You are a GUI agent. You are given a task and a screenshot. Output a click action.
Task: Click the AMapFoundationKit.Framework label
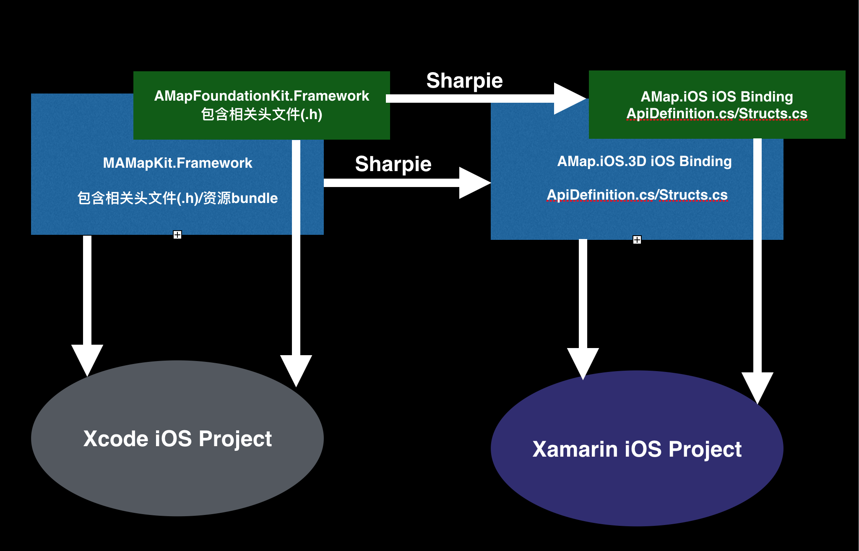point(262,96)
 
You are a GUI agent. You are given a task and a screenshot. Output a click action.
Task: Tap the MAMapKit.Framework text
point(177,163)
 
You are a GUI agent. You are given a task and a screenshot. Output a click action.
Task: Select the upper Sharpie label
point(464,81)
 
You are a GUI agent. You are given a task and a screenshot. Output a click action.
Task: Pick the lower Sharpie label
point(393,164)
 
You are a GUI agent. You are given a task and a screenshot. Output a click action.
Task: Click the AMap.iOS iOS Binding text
point(717,97)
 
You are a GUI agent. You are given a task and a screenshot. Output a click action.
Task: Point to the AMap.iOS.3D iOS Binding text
point(644,161)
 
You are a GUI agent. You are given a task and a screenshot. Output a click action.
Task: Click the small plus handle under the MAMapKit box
point(177,235)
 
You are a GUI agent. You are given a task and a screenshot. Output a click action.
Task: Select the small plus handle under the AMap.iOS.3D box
point(637,240)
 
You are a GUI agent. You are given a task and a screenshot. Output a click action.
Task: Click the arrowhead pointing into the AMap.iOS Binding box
point(570,99)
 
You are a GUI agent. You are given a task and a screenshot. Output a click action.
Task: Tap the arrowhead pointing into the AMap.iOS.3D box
point(475,183)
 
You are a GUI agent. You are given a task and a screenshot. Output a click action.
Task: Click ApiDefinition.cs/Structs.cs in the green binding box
point(717,114)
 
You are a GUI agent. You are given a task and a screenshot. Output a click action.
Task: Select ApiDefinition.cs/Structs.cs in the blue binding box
point(637,195)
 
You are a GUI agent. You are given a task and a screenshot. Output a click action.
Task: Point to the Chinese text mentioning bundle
point(177,198)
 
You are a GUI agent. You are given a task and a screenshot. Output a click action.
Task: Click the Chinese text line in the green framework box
point(262,114)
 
